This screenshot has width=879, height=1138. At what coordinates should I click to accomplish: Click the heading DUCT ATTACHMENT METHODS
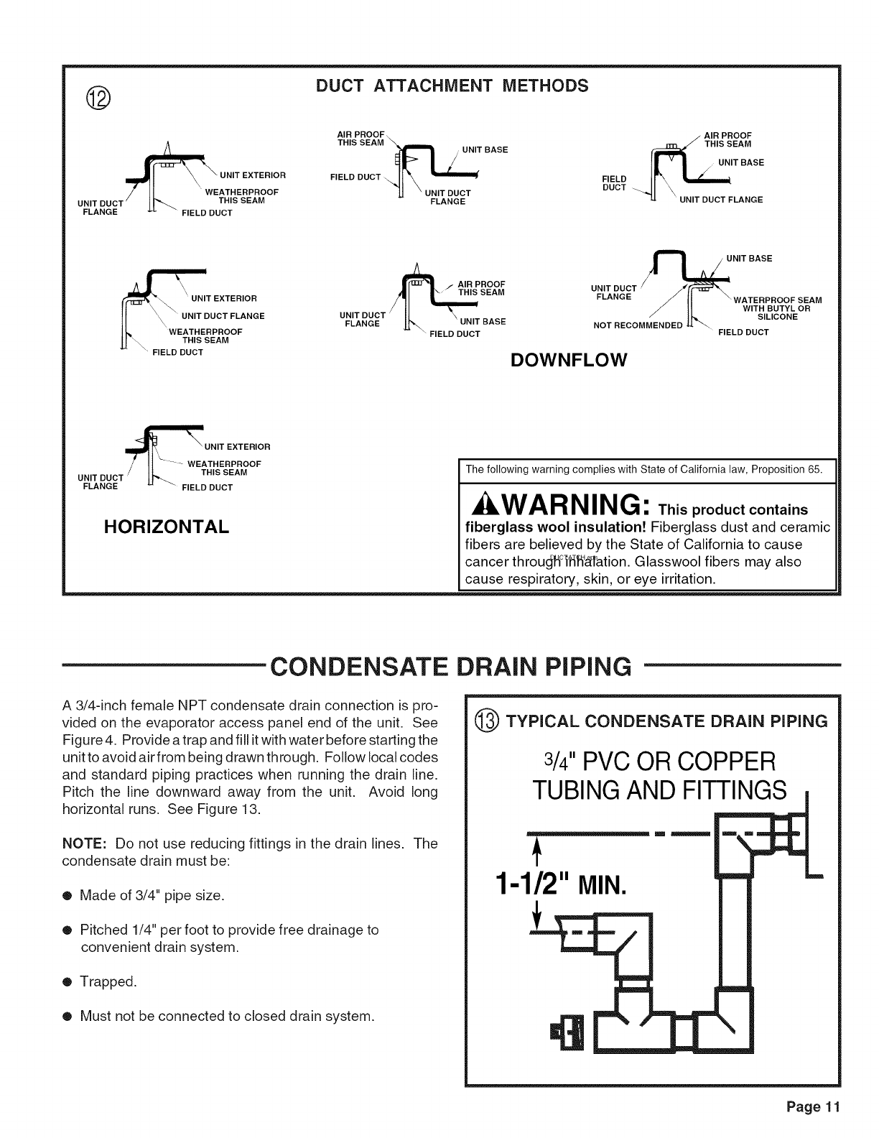(452, 85)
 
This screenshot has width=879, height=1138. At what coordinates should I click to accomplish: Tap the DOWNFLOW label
(569, 359)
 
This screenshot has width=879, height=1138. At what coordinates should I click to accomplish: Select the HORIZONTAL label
(167, 527)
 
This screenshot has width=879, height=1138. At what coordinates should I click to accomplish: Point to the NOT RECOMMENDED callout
(638, 325)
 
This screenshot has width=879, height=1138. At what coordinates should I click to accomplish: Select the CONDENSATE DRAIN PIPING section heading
(451, 667)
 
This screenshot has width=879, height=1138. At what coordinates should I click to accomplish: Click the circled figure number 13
(492, 721)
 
